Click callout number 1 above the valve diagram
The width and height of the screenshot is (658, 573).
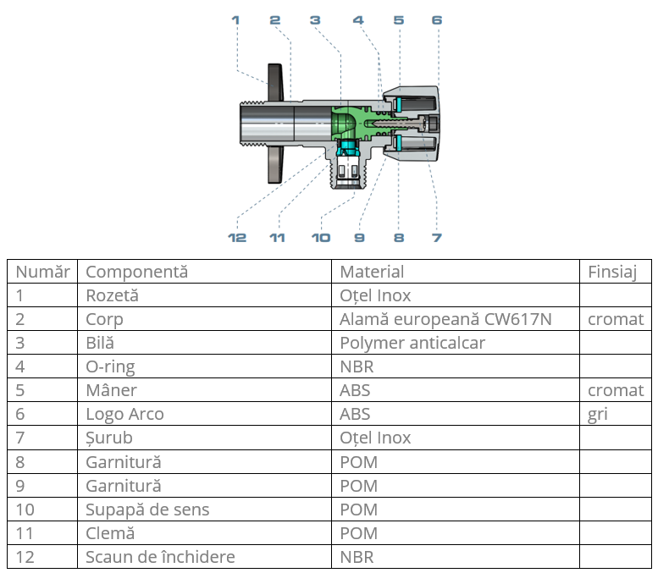tap(235, 19)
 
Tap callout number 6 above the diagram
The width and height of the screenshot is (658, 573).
tap(436, 19)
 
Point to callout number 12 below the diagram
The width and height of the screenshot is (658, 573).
tap(237, 237)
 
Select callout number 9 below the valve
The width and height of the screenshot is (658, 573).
tap(359, 237)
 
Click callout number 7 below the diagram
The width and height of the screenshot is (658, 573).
tap(436, 237)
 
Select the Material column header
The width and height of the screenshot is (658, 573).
tap(372, 272)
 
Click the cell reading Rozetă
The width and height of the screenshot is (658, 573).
tap(112, 295)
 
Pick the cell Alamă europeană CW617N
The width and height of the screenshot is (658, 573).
tap(445, 319)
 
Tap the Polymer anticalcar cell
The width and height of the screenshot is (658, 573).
tap(412, 343)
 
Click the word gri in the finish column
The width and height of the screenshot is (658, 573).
tap(598, 414)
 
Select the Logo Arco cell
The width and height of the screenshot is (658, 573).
tap(124, 414)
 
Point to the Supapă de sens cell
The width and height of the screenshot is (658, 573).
tap(147, 510)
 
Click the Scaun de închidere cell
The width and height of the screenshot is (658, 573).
tap(160, 557)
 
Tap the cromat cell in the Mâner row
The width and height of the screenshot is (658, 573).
tap(616, 390)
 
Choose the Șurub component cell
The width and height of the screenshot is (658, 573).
tap(109, 438)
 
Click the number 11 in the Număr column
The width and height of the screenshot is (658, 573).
tap(25, 533)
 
